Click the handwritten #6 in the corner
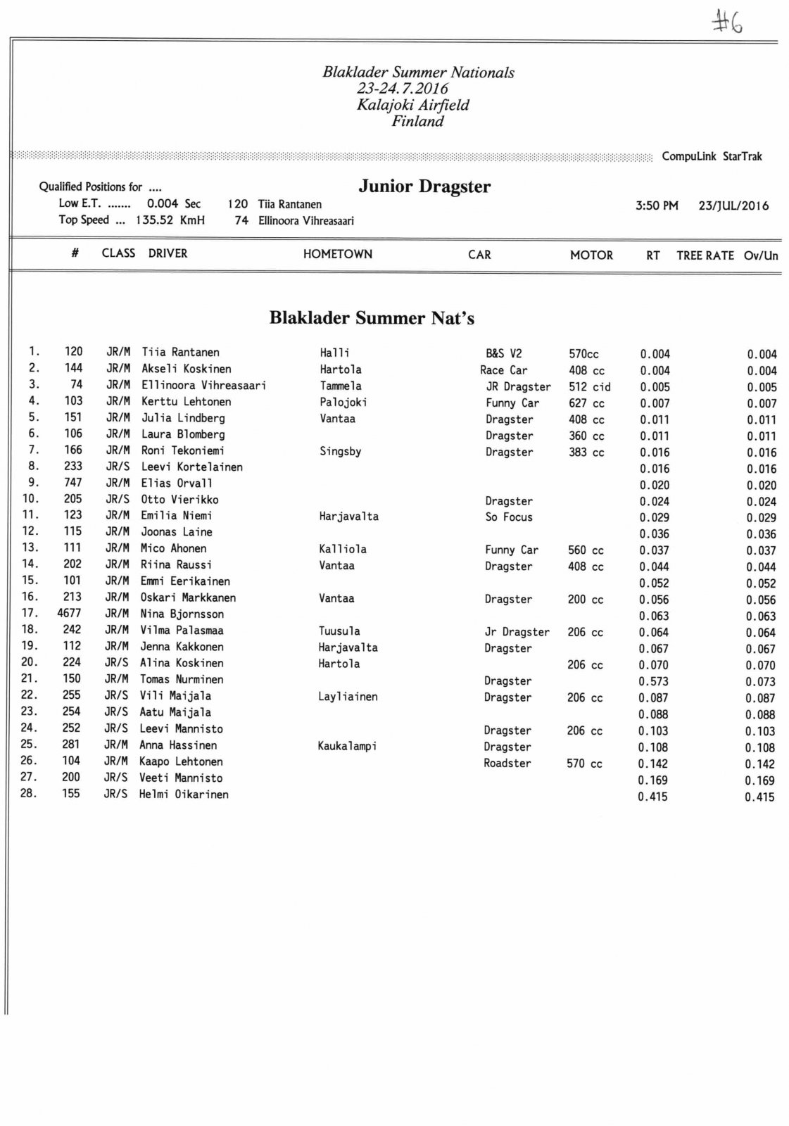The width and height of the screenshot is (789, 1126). (x=728, y=23)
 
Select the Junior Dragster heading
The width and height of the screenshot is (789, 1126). (x=424, y=186)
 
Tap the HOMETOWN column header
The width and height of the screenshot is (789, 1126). (x=338, y=254)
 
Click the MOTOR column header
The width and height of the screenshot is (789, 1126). (x=591, y=255)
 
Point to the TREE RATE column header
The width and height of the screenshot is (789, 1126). (x=705, y=255)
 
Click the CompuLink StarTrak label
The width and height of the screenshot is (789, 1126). (x=712, y=156)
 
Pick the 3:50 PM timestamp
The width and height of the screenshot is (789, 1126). (x=657, y=205)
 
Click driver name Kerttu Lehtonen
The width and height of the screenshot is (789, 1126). (x=186, y=401)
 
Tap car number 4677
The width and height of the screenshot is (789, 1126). (x=69, y=613)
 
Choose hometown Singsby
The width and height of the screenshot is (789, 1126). (x=341, y=451)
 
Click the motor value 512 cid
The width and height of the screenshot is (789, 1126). (x=589, y=386)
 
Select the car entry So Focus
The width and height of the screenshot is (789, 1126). (x=508, y=517)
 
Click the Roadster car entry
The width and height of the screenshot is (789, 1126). (x=507, y=763)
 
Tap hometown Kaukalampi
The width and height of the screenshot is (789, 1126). (x=347, y=746)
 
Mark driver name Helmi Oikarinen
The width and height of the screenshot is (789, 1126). (x=184, y=795)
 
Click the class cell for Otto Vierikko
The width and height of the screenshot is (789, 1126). (x=118, y=499)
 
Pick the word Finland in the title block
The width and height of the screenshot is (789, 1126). (x=418, y=121)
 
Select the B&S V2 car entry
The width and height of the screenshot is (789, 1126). (x=504, y=353)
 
